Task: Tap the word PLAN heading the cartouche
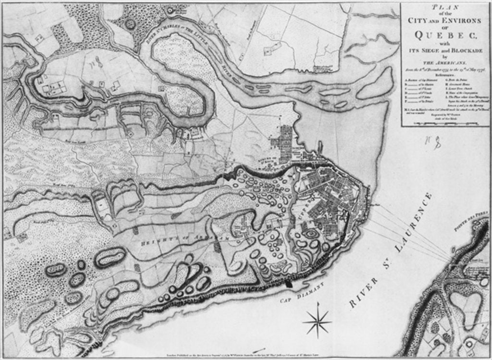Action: (x=444, y=6)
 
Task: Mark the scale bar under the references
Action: (x=444, y=123)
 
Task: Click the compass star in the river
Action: (x=317, y=322)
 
